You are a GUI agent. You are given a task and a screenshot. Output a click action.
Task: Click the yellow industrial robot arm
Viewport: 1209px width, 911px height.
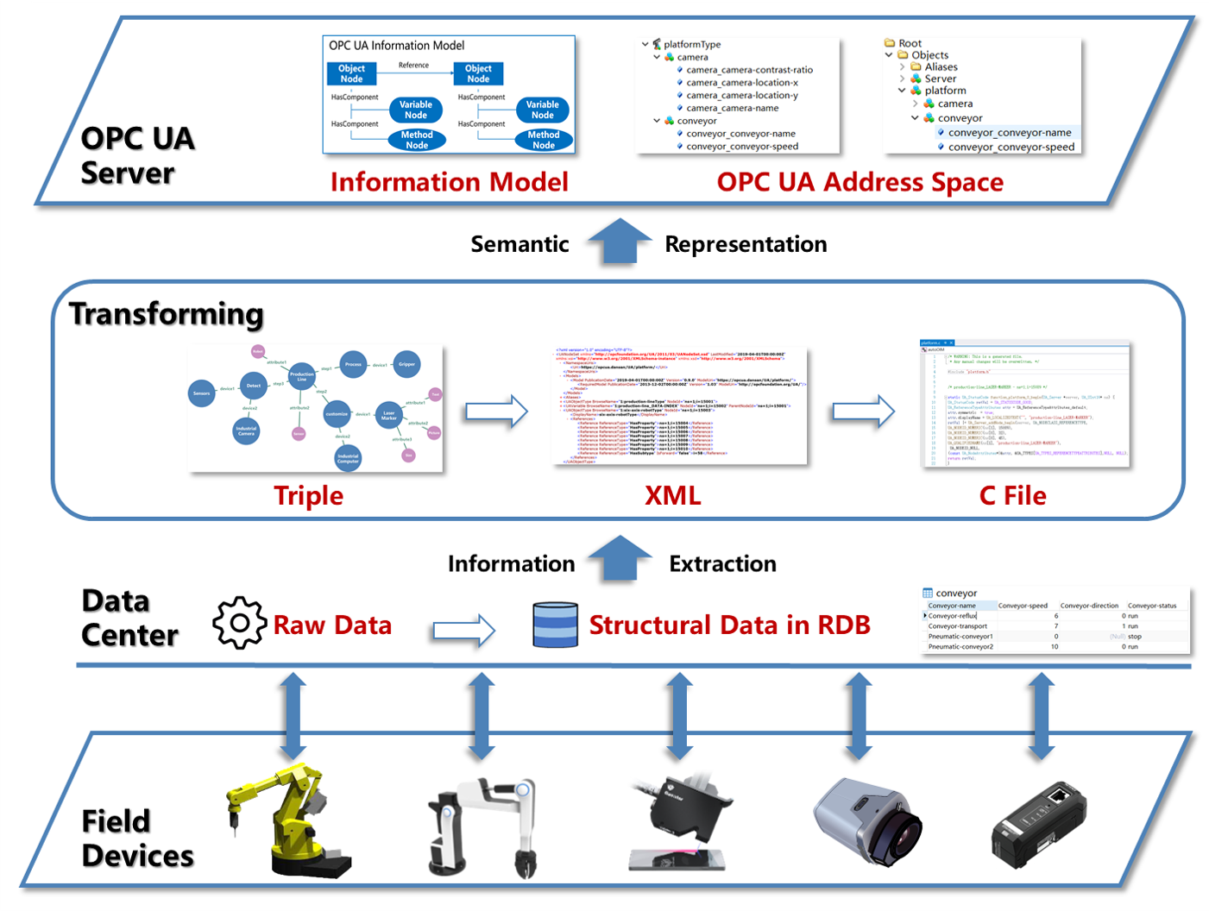tap(285, 820)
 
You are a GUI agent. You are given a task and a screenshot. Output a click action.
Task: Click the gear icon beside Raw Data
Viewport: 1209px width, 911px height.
tap(240, 623)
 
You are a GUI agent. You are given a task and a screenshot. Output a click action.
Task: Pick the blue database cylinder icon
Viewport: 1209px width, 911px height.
tap(555, 625)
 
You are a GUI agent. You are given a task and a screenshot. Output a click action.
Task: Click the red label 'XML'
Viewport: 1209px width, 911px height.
tap(672, 495)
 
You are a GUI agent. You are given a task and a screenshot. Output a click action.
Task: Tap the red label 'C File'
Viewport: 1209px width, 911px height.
tap(1012, 495)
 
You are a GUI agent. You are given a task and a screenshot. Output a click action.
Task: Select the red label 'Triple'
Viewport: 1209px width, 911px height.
tap(308, 495)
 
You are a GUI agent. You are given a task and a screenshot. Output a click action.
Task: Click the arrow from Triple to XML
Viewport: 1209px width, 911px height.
tap(496, 412)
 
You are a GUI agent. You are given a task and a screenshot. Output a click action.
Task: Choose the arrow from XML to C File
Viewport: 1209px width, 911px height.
tap(864, 412)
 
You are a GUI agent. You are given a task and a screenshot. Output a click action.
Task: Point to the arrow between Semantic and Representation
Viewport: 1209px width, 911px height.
tap(619, 242)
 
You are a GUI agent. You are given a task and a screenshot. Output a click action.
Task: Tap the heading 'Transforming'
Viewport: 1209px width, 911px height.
tap(167, 314)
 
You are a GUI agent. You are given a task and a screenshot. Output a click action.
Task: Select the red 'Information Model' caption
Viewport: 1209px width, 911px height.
tap(449, 182)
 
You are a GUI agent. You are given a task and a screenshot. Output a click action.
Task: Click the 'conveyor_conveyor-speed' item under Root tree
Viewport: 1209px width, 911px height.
tap(1011, 147)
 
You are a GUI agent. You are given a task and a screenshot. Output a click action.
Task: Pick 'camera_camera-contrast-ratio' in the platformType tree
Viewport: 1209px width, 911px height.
tap(749, 70)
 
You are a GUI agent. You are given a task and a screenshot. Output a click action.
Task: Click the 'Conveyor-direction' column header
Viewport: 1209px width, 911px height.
tap(1089, 606)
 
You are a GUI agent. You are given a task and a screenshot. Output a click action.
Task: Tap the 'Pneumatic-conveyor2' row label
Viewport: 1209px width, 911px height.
tap(960, 646)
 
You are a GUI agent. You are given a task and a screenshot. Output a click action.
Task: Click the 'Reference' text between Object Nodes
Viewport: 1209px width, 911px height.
tap(413, 66)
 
